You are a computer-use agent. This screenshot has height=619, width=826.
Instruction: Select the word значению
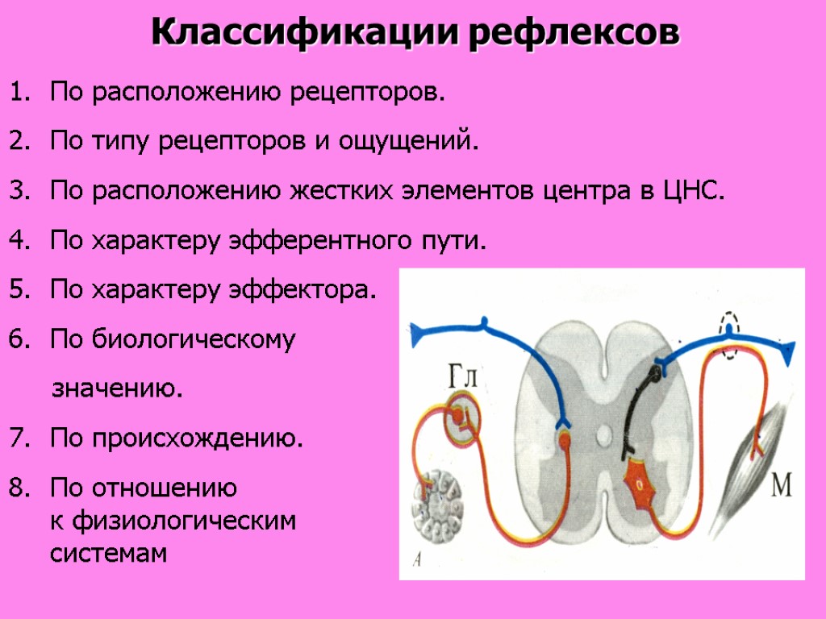(117, 390)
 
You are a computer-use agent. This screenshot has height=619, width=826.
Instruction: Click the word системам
(109, 554)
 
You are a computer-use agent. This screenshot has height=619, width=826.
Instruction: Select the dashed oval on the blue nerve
(729, 336)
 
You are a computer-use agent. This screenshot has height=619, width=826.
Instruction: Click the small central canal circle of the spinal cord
(603, 436)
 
